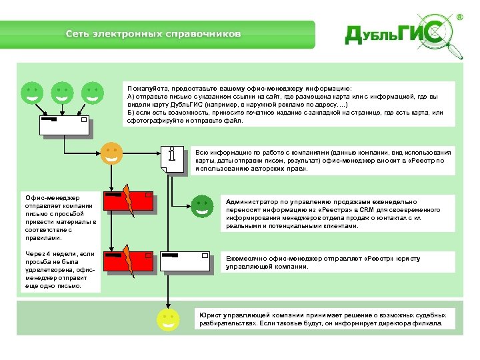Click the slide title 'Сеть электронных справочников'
[x=153, y=34]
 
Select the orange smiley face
[x=111, y=153]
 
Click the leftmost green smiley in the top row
[x=31, y=93]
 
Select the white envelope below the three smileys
[x=64, y=126]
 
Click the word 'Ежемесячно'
[x=247, y=259]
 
